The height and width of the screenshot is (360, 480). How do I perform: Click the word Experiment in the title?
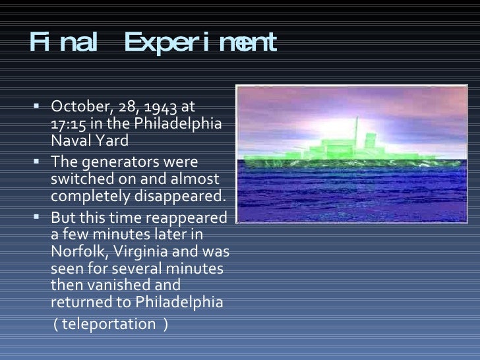[x=200, y=44]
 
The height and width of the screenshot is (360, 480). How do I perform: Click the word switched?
[x=76, y=179]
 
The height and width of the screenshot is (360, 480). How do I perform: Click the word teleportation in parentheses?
[x=110, y=324]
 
